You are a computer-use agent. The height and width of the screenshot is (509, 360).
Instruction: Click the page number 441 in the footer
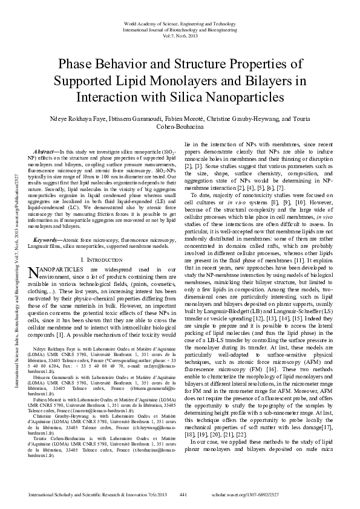(183, 495)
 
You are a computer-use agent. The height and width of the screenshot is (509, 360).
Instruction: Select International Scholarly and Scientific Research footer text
(88, 495)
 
